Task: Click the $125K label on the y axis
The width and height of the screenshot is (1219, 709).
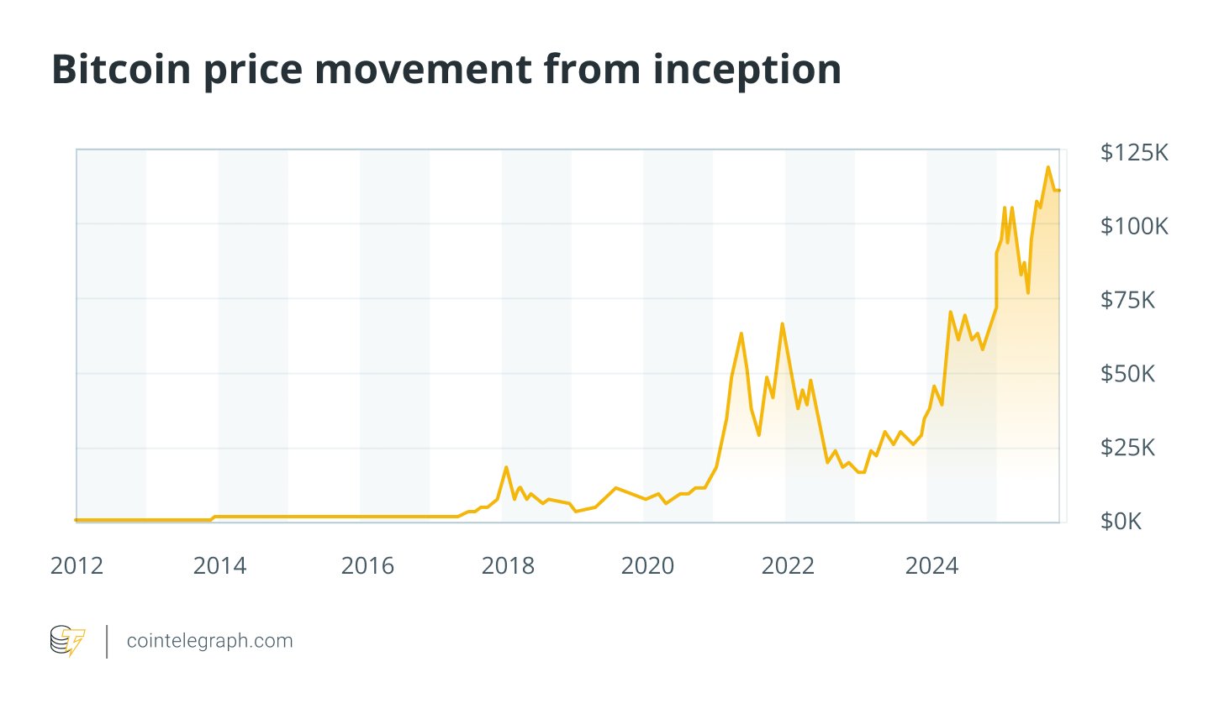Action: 1134,152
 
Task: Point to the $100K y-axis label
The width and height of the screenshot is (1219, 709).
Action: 1134,226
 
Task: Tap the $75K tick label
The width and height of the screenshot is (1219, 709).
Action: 1127,300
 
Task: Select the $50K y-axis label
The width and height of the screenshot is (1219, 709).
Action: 1127,374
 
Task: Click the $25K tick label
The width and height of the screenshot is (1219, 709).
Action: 1127,448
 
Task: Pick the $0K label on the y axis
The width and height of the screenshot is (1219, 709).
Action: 1121,522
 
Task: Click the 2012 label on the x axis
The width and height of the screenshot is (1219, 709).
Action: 77,566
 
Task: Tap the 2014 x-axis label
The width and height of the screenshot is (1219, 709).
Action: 219,566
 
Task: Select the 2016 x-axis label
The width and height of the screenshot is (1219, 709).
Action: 367,566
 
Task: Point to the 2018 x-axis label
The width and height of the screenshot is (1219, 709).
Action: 508,566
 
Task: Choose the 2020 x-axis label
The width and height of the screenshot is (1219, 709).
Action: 647,566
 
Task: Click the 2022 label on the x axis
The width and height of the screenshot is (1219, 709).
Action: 788,566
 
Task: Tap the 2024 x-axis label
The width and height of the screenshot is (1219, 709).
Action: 931,566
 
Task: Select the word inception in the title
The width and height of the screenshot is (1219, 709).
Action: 747,69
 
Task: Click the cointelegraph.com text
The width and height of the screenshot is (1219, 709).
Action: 209,641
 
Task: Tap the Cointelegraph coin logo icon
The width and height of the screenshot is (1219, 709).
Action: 67,641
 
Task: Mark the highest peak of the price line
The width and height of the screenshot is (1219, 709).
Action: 1047,167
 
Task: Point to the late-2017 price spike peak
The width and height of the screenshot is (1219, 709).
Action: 506,467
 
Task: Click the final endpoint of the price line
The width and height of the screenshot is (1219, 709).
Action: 1058,191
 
